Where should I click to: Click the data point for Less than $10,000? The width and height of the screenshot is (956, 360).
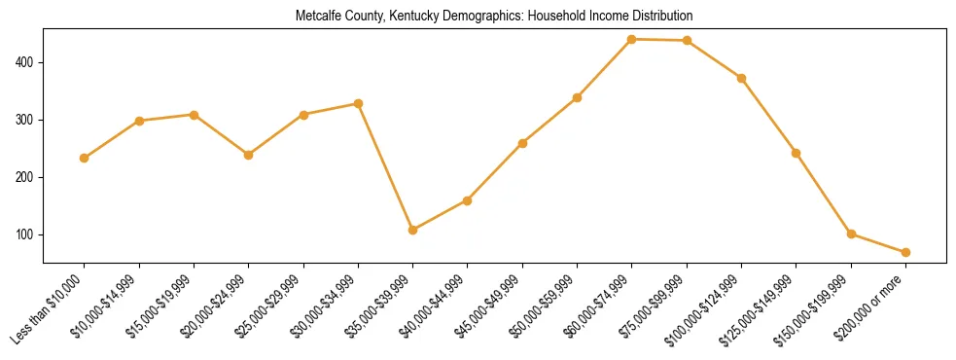(85, 158)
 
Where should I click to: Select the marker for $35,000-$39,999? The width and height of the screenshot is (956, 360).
(413, 230)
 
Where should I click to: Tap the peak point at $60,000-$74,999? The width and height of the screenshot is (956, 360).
(632, 39)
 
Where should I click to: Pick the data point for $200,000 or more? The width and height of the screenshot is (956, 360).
(905, 252)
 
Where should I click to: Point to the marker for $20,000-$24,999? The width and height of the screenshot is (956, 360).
(249, 155)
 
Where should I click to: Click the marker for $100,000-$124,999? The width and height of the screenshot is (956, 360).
(741, 78)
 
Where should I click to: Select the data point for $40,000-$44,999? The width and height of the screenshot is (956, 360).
(468, 200)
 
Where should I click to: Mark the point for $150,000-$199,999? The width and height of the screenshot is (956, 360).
(851, 234)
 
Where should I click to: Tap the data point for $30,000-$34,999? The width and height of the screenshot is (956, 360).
(359, 103)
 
